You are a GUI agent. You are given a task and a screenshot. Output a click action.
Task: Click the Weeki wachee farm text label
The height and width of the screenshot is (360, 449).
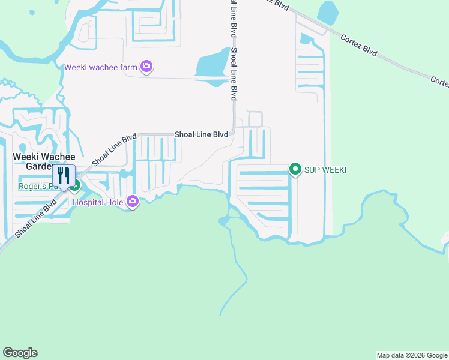[101, 67]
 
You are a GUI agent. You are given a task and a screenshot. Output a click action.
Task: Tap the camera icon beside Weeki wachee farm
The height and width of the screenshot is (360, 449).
[146, 67]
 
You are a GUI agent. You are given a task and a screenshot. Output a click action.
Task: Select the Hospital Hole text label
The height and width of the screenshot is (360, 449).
[98, 202]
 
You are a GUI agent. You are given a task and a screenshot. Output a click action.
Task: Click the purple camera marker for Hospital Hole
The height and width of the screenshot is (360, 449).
[132, 202]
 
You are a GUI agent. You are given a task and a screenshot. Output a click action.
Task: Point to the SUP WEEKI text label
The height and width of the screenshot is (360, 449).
[325, 170]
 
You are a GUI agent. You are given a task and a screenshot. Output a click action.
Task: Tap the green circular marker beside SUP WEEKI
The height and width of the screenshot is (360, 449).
[295, 170]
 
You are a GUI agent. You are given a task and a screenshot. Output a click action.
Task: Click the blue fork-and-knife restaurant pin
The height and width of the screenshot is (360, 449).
[64, 176]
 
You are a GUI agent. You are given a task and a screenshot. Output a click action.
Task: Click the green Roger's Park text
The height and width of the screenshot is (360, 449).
[35, 186]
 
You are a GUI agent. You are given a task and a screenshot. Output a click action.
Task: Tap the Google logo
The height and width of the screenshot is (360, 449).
[20, 353]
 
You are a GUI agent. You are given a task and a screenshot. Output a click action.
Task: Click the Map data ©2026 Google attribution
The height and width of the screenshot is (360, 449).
[412, 355]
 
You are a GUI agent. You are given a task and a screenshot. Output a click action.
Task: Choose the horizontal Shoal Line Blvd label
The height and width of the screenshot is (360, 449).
[201, 135]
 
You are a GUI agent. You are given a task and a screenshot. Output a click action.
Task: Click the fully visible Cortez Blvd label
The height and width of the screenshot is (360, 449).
[358, 46]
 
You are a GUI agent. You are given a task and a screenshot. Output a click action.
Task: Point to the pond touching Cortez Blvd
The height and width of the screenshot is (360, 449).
[328, 12]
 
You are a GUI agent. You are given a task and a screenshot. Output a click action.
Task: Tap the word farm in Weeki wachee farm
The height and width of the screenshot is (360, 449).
[128, 67]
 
